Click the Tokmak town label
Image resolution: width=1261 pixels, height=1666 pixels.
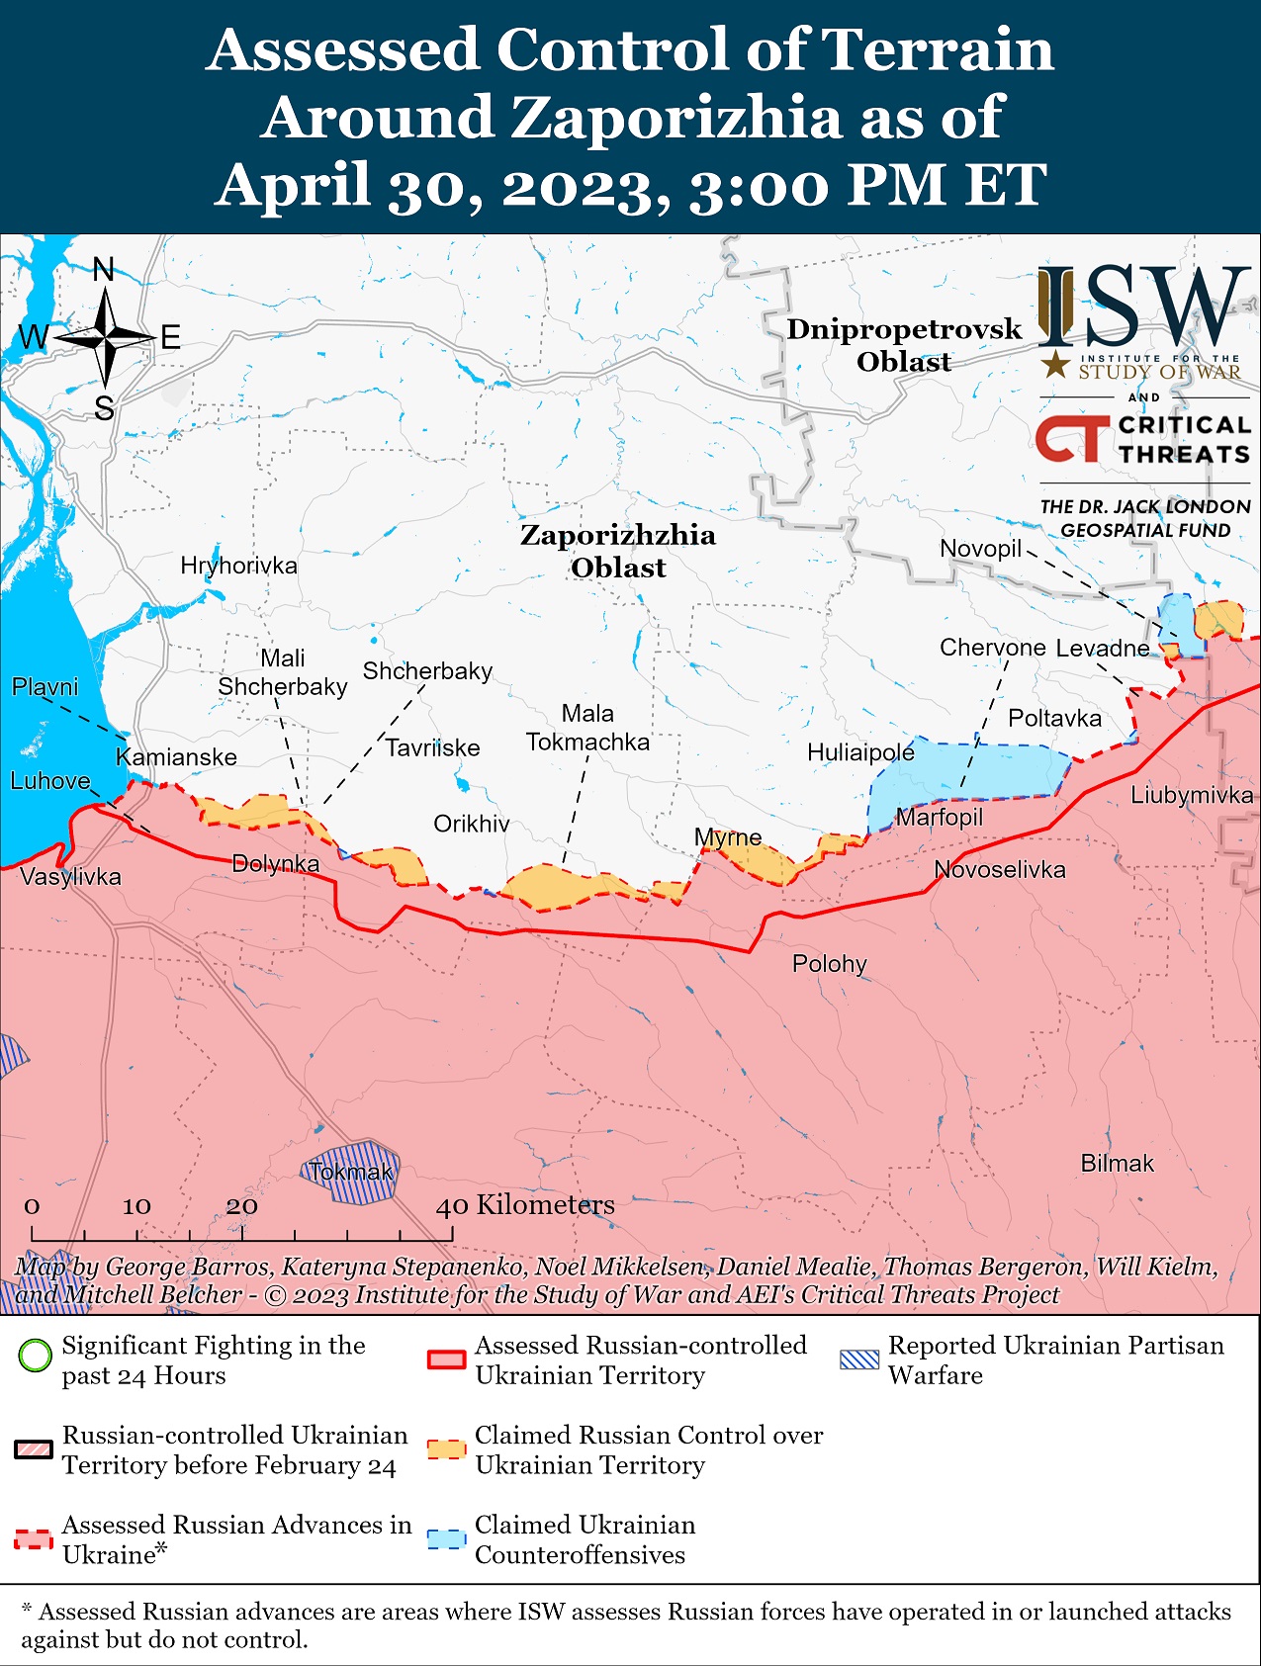[350, 1172]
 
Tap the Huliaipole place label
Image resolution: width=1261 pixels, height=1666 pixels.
[860, 752]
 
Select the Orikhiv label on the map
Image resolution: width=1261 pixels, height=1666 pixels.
[472, 824]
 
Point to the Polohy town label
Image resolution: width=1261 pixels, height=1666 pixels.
[829, 963]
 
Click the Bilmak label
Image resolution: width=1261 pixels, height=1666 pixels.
[1117, 1163]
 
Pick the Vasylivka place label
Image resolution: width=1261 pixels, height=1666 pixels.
[70, 876]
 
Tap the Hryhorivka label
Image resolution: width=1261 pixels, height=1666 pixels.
[238, 566]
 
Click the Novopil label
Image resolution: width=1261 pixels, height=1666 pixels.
[980, 549]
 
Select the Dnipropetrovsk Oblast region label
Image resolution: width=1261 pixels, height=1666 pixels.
[904, 345]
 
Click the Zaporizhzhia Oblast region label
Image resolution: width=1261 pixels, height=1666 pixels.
[618, 551]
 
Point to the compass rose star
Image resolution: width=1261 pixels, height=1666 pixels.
[105, 338]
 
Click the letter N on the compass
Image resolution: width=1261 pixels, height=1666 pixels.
[104, 269]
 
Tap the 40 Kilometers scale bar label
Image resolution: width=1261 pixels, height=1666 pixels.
[525, 1205]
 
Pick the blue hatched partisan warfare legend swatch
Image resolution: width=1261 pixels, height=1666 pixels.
[858, 1359]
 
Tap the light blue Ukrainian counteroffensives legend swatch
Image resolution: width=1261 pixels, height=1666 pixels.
[446, 1539]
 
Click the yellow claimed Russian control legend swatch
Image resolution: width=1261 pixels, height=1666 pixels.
[446, 1449]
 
